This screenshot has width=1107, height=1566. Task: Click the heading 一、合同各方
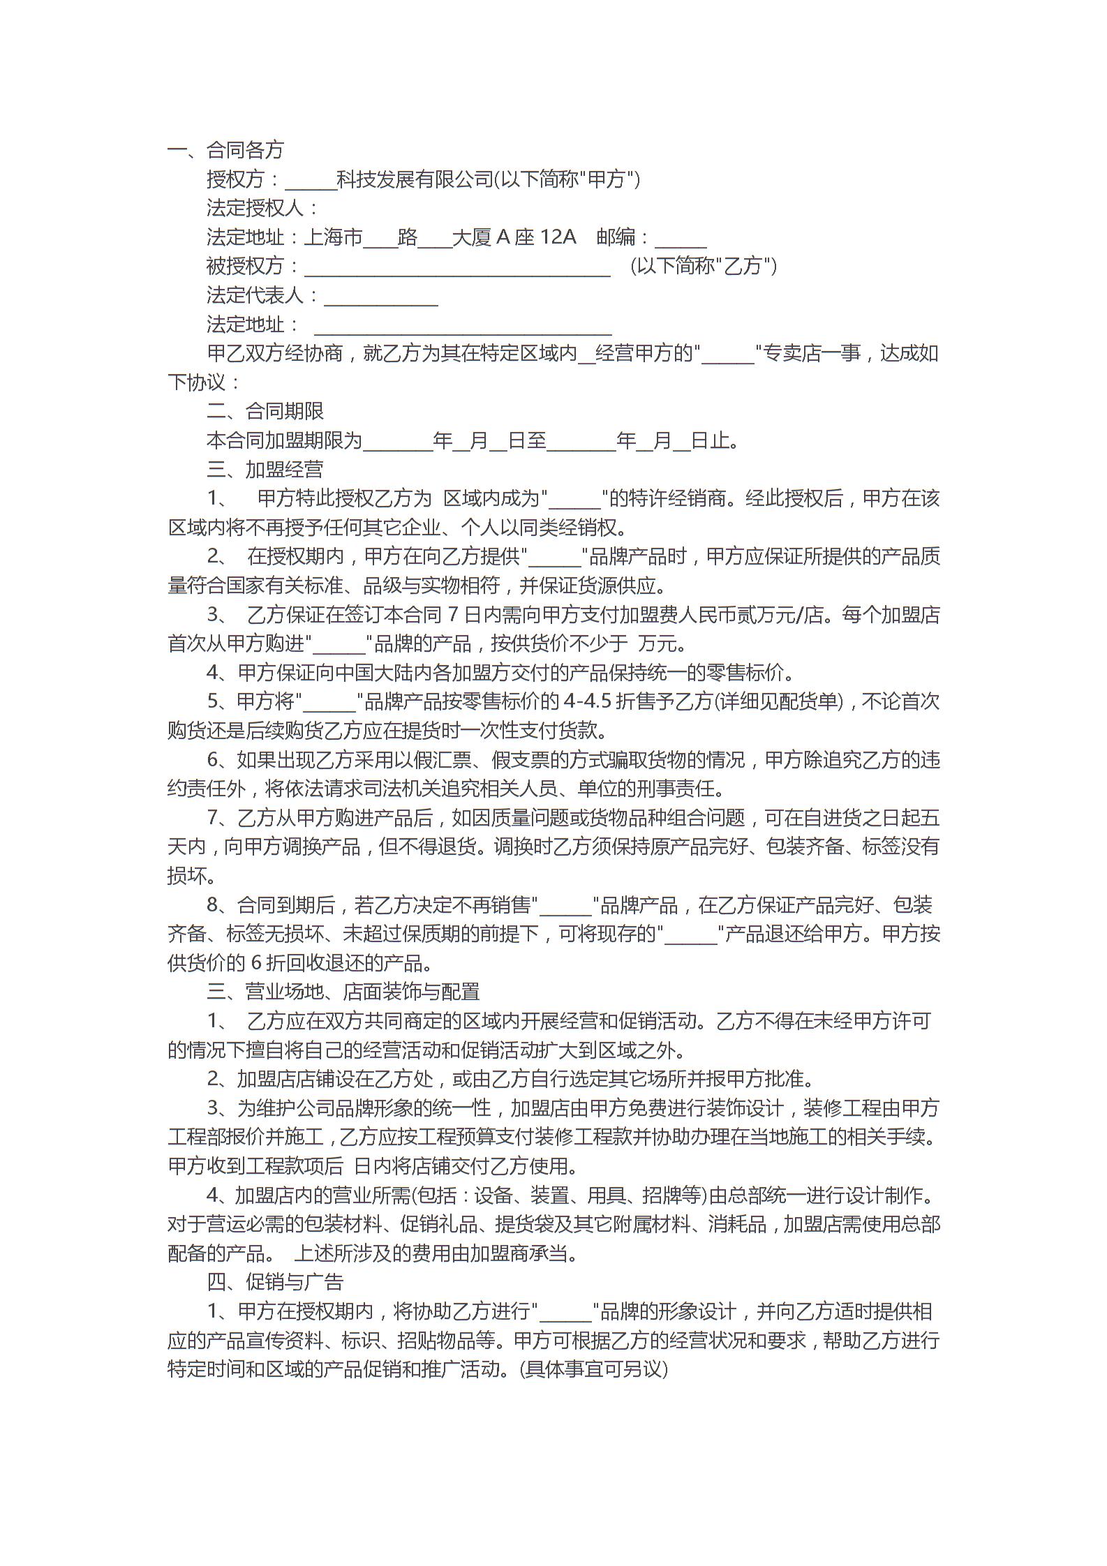point(225,150)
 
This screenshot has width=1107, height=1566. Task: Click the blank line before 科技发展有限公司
point(311,181)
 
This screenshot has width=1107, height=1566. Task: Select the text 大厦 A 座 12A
point(514,237)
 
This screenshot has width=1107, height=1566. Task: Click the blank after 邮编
point(681,239)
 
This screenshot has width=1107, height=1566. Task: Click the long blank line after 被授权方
point(457,268)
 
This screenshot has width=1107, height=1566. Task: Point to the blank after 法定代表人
point(381,297)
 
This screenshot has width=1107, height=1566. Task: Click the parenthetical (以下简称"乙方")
point(704,267)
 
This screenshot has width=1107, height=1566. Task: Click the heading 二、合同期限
point(265,411)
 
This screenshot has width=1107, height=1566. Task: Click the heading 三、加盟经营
point(265,470)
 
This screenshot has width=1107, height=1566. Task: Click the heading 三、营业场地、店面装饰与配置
point(343,992)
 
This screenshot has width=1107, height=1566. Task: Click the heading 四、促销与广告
point(275,1282)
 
